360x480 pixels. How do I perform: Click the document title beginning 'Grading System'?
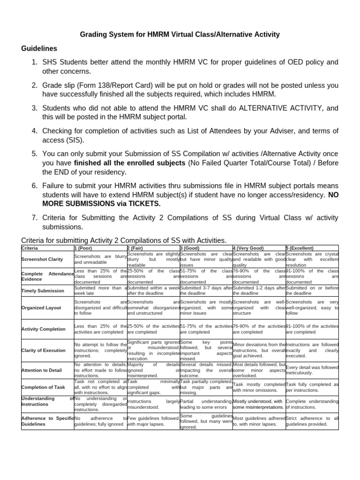(x=180, y=34)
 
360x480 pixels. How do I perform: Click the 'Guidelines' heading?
(x=39, y=48)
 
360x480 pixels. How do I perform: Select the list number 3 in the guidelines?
(x=34, y=108)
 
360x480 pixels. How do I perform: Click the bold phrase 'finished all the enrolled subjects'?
(x=129, y=163)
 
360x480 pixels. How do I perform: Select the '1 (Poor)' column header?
(x=83, y=248)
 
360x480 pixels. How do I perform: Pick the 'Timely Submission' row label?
(x=43, y=291)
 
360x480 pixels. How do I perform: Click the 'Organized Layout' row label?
(x=41, y=308)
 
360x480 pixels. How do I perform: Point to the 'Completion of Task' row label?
(x=43, y=387)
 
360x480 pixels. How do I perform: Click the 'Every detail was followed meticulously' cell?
(x=312, y=370)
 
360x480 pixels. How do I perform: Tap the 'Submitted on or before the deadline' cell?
(x=312, y=291)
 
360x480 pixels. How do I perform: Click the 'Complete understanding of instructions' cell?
(x=312, y=404)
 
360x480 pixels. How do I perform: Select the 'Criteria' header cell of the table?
(x=30, y=248)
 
